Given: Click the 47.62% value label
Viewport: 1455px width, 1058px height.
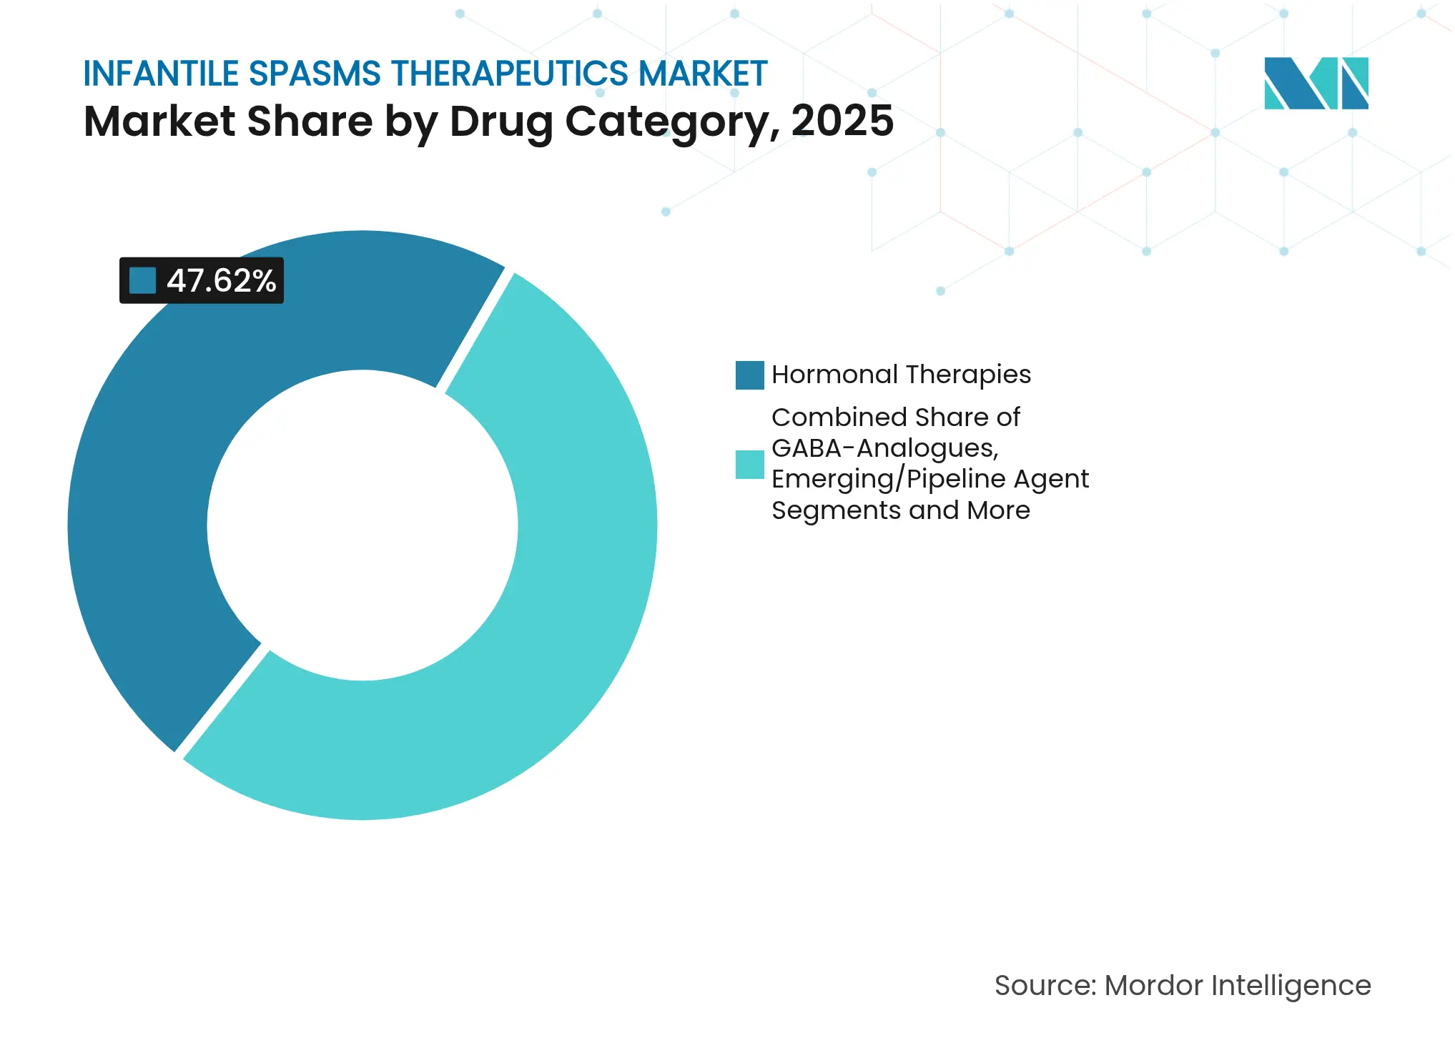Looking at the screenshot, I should (x=221, y=281).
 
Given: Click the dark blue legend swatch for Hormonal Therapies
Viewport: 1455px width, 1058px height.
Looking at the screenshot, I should (x=749, y=375).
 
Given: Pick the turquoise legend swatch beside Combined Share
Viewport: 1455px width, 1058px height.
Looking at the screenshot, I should (x=749, y=465).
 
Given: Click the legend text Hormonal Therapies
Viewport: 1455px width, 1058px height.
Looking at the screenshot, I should (x=901, y=375).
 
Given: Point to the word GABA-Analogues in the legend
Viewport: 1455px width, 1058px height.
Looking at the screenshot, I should (x=884, y=448).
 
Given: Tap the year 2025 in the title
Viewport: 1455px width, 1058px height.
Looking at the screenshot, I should (x=842, y=121).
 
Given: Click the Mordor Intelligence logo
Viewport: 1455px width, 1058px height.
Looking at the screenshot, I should (x=1316, y=84).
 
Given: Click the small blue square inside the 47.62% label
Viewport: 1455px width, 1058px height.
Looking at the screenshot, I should (x=142, y=280).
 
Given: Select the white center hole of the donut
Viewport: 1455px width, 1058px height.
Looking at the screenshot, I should (x=362, y=525).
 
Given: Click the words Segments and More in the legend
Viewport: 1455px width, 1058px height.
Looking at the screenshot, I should (x=900, y=510).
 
